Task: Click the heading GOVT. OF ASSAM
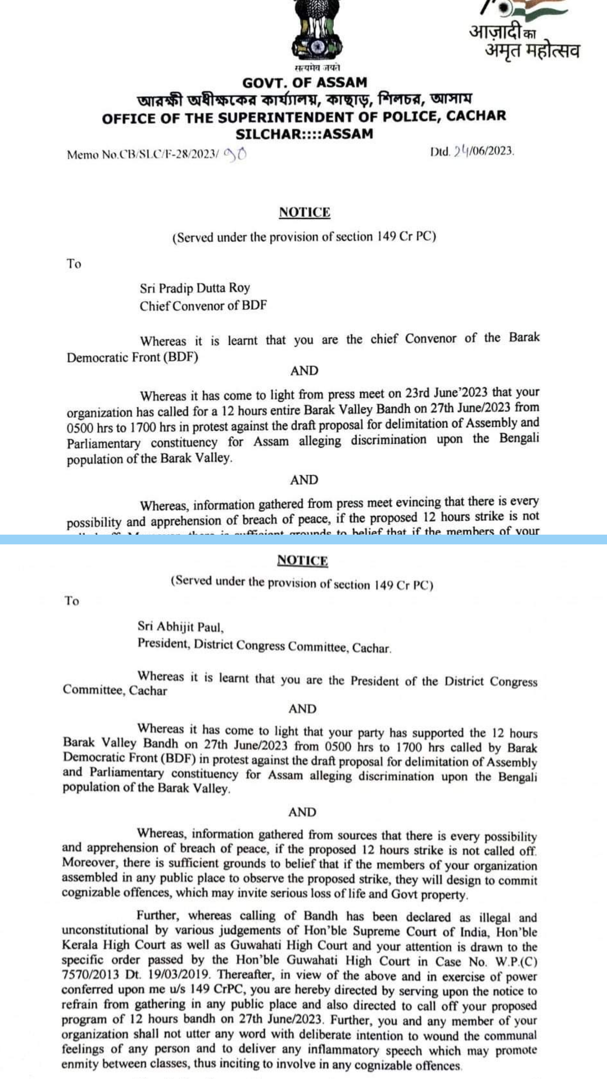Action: pos(305,83)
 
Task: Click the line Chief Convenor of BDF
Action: pos(203,306)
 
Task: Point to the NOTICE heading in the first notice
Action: pos(305,212)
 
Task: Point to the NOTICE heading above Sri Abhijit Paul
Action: pos(302,560)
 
